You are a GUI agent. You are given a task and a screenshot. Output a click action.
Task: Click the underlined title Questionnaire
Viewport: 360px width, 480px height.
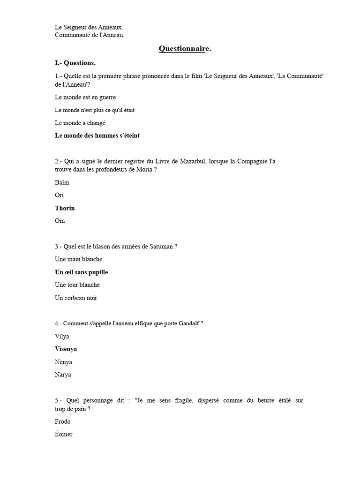(185, 49)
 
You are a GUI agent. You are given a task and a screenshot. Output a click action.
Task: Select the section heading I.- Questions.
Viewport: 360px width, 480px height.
(75, 63)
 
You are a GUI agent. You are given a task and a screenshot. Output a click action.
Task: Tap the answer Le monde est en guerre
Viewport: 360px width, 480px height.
(85, 97)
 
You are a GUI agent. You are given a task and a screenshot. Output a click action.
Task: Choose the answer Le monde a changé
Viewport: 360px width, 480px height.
(80, 123)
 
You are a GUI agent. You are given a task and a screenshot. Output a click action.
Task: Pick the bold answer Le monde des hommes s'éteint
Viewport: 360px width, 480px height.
(97, 136)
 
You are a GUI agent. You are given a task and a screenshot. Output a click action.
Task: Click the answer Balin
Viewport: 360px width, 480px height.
(62, 182)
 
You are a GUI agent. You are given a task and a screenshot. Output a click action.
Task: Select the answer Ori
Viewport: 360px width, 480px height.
(59, 195)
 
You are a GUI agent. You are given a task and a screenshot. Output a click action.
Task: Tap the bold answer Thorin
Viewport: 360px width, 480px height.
(65, 208)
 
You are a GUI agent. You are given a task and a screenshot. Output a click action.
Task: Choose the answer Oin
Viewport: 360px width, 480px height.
(60, 221)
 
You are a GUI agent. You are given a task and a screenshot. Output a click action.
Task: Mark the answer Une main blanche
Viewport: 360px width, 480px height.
(78, 259)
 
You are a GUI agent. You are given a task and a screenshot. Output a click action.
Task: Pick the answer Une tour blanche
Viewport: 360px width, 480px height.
(77, 285)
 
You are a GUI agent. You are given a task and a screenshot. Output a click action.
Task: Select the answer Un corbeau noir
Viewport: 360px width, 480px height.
(76, 298)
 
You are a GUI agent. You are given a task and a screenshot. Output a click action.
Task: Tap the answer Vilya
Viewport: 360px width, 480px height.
(62, 336)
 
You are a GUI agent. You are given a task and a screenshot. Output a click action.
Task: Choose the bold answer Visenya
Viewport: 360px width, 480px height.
(66, 349)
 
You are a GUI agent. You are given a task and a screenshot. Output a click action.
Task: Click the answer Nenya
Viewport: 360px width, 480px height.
(63, 362)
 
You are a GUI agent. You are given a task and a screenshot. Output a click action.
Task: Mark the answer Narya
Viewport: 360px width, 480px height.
(63, 375)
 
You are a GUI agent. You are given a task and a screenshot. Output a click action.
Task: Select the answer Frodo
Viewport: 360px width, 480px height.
(63, 421)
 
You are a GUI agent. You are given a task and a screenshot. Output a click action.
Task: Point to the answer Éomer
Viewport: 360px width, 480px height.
(64, 434)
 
